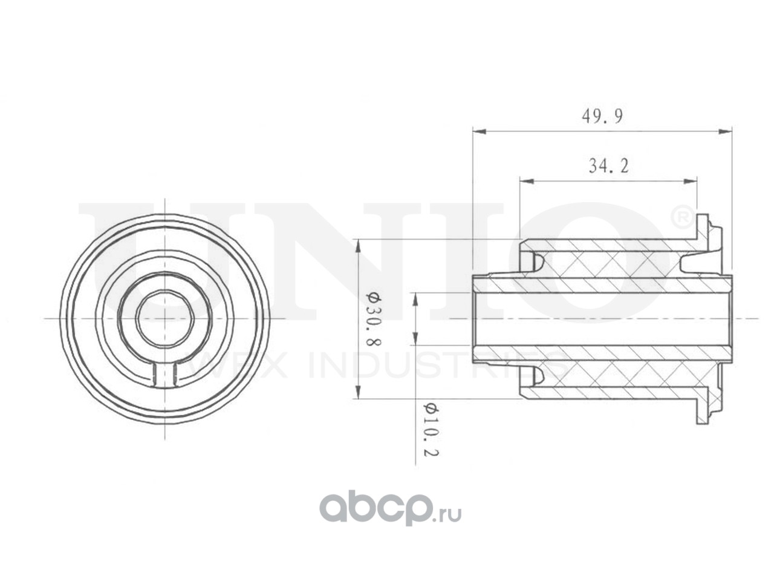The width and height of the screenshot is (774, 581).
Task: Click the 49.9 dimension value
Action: pos(602,116)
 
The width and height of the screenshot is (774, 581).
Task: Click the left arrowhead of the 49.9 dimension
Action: pos(479,131)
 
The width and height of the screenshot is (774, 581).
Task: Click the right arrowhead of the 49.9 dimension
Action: pos(725,131)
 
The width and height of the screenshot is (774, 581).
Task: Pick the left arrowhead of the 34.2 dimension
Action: pos(526,182)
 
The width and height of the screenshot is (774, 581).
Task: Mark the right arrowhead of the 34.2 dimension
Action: pos(690,182)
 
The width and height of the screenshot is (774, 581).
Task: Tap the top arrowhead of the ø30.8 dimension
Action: pos(358,246)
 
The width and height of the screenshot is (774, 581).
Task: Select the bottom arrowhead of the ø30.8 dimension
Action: pos(358,392)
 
